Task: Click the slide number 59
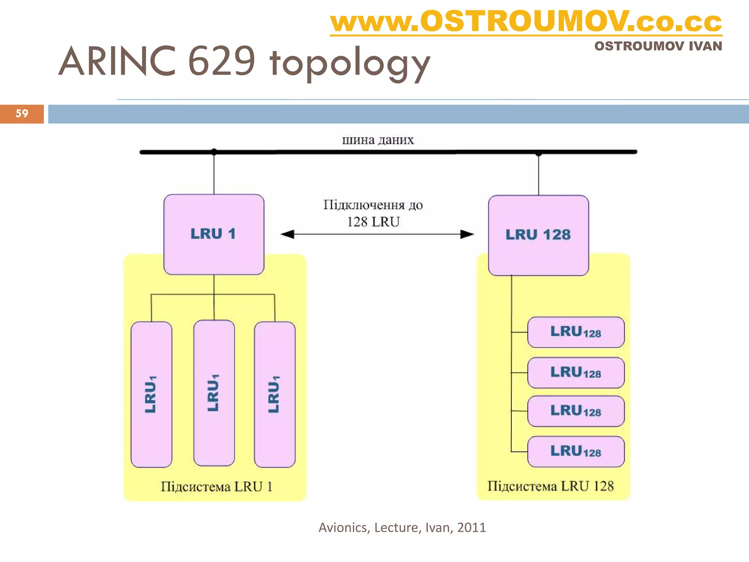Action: coord(22,113)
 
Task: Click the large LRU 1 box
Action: coord(214,234)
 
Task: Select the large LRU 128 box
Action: coord(538,235)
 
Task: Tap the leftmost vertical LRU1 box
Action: coord(151,394)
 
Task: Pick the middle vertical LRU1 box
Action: coord(214,393)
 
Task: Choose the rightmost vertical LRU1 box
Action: coord(275,394)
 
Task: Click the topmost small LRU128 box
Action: coord(576,332)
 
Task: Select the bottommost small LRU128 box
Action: coord(576,452)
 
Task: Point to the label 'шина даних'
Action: coord(378,140)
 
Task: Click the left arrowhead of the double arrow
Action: coord(287,234)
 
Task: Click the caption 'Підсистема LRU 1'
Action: coord(217,487)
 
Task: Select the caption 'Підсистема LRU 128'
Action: coord(550,486)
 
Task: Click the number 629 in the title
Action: coord(221,61)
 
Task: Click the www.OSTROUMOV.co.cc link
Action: coord(526,22)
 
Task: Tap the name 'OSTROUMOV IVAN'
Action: coord(658,46)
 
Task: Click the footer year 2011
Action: coord(471,528)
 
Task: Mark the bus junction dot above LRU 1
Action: coord(214,151)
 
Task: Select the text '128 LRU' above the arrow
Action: coord(373,222)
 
